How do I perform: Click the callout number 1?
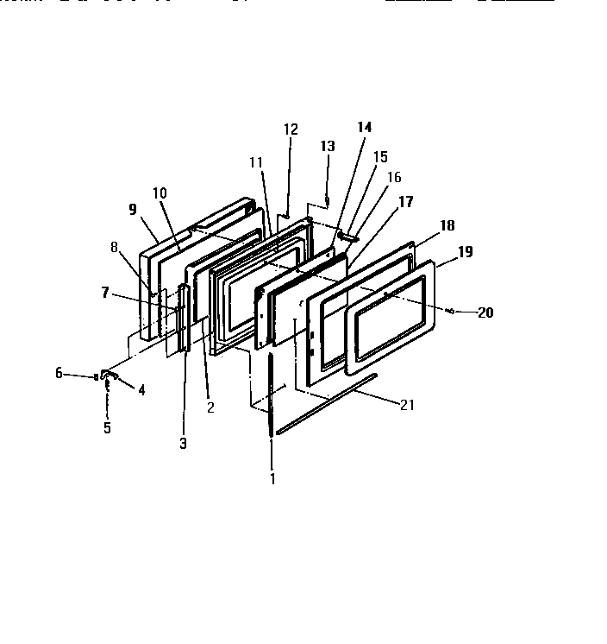pos(272,477)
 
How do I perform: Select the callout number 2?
pos(210,407)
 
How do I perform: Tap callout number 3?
pos(183,443)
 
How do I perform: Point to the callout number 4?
pos(141,389)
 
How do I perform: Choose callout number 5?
pos(108,426)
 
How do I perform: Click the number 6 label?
pos(59,373)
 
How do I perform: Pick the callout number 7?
pos(105,293)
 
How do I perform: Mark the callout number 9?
pos(133,209)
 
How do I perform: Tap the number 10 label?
pos(160,193)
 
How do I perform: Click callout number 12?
pos(291,129)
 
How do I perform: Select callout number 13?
pos(328,147)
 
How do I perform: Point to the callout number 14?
pos(365,127)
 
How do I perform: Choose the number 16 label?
pos(394,177)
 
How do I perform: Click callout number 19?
pos(465,253)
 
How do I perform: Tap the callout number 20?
pos(485,313)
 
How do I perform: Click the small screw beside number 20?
pos(452,309)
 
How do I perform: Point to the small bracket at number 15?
pos(347,234)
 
